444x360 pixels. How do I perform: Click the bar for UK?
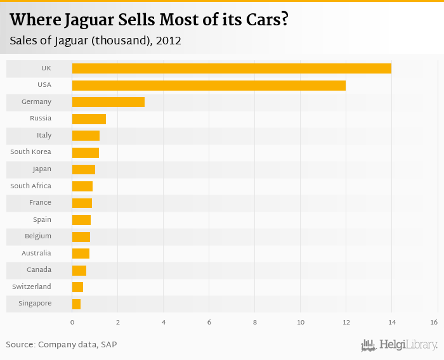[x=232, y=68]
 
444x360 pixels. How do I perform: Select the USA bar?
[x=209, y=85]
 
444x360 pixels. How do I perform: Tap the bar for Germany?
[x=108, y=102]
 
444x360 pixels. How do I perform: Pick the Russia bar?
[x=89, y=119]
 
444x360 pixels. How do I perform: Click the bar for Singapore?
[x=76, y=304]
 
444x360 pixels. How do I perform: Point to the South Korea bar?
[x=86, y=152]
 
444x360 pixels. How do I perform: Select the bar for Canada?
[x=79, y=271]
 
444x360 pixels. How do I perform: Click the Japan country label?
[x=42, y=169]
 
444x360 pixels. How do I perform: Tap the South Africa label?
[x=30, y=186]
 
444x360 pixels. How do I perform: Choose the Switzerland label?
[x=32, y=287]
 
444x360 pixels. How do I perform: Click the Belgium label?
[x=38, y=236]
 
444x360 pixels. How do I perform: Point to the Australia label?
[x=36, y=254]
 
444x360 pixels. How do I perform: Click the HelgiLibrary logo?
[x=399, y=345]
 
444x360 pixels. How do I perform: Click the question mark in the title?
[x=285, y=20]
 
